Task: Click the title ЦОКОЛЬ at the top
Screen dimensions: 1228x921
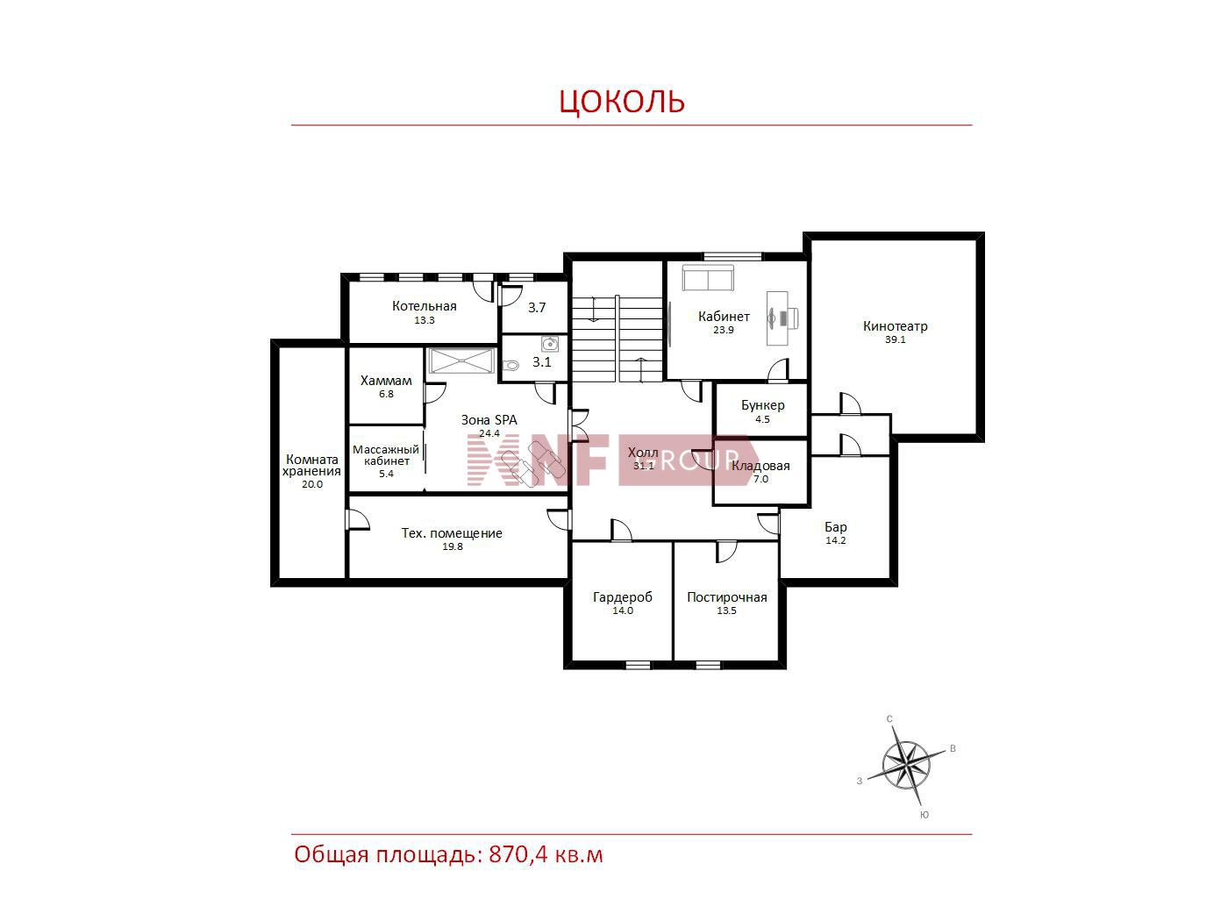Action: click(x=622, y=102)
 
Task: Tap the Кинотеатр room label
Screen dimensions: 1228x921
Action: click(x=895, y=326)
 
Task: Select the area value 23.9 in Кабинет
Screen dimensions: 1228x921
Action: click(x=723, y=330)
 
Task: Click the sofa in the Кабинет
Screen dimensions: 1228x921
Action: click(x=707, y=278)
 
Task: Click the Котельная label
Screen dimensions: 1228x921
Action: click(x=424, y=306)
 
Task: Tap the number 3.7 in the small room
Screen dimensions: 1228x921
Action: click(x=537, y=307)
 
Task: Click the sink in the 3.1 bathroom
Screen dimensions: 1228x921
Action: click(x=549, y=343)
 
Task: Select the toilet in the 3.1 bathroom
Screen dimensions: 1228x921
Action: click(x=510, y=366)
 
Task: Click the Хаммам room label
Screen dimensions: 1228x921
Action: click(x=386, y=381)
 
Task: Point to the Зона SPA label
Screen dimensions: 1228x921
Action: click(x=489, y=420)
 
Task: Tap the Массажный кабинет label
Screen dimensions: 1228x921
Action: click(x=385, y=455)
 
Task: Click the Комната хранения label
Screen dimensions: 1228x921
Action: click(x=311, y=465)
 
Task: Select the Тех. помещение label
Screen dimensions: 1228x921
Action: click(x=452, y=533)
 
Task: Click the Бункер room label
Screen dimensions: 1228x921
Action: click(x=762, y=405)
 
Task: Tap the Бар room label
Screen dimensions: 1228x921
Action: click(x=835, y=527)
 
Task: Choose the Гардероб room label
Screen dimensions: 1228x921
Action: click(x=622, y=597)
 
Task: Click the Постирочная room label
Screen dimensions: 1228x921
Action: click(x=727, y=597)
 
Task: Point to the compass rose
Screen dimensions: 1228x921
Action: click(x=906, y=764)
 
